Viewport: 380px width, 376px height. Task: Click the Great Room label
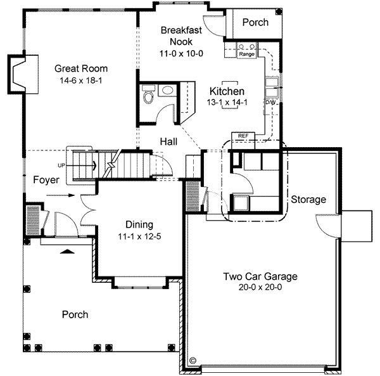point(80,68)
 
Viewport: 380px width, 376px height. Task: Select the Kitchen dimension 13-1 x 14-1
point(227,102)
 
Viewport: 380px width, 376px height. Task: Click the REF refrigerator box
point(243,136)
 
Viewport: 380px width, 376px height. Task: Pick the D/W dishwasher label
point(270,102)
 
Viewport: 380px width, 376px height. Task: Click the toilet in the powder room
point(149,97)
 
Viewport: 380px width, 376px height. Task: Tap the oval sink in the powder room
point(167,91)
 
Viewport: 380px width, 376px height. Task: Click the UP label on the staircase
point(61,165)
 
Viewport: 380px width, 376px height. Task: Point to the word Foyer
point(46,180)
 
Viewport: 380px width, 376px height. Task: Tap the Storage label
point(308,200)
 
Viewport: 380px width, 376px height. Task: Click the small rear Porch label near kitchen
point(256,23)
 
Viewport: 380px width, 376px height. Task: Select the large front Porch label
point(75,314)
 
